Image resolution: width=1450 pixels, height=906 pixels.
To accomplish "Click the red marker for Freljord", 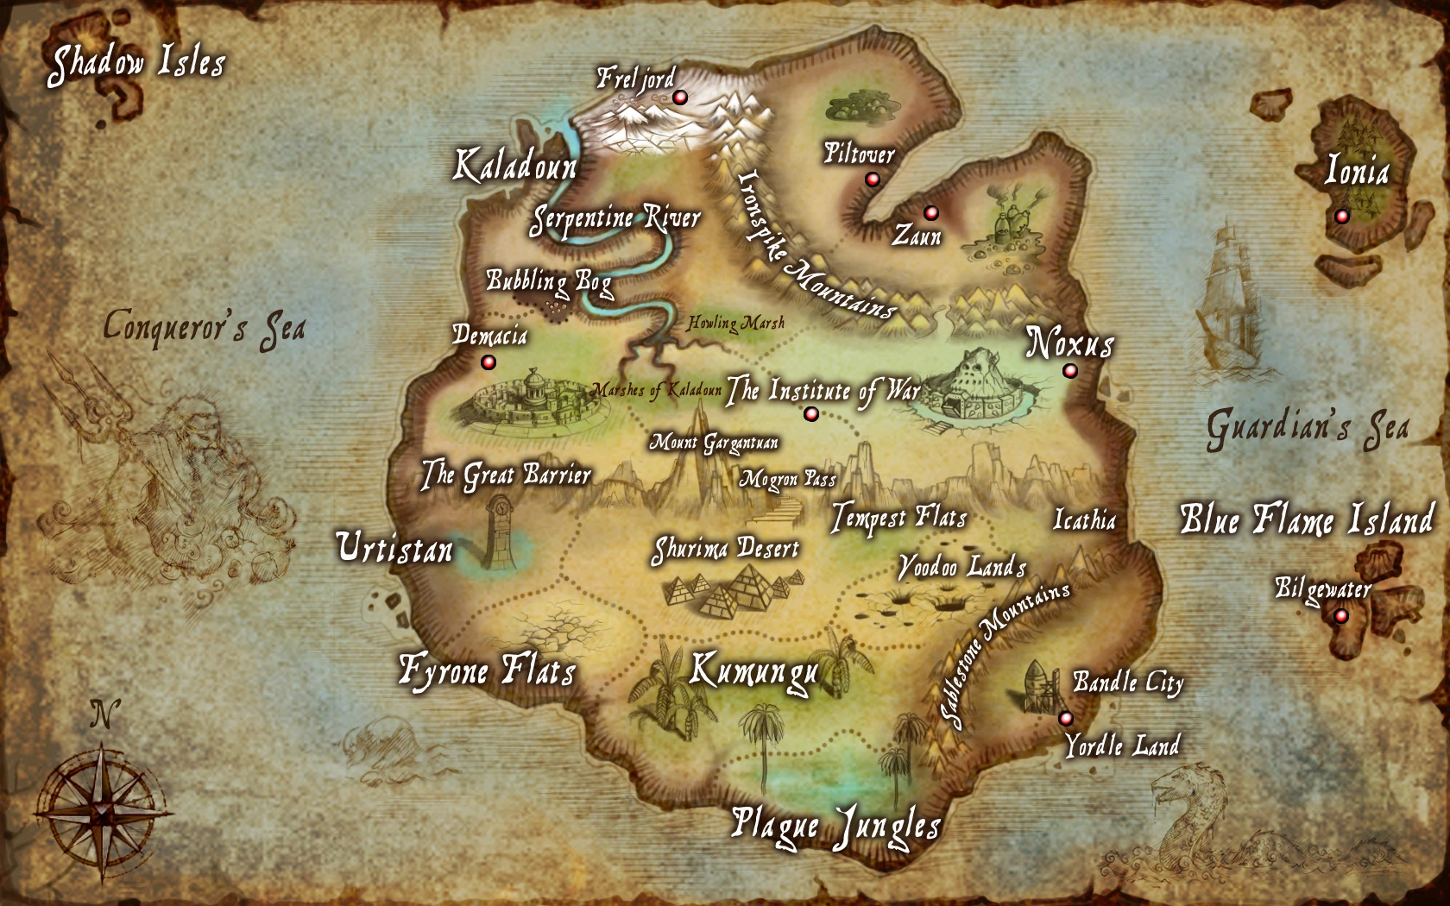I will coord(680,98).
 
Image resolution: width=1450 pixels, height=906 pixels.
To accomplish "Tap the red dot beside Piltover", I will coord(873,179).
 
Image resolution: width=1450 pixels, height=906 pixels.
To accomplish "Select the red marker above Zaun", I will coord(930,212).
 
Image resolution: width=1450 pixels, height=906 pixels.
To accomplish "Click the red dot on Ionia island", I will coord(1341,216).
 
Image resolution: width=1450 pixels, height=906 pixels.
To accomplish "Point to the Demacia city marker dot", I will coord(489,362).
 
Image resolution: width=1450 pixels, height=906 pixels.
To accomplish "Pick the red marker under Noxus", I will coord(1070,371).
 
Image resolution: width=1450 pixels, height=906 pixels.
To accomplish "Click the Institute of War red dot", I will coord(810,414).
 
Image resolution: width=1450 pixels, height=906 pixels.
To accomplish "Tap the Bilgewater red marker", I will coord(1340,615).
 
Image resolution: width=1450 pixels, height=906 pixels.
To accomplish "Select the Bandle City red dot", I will coord(1066,718).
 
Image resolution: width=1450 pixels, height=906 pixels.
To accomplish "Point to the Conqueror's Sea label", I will coord(205,329).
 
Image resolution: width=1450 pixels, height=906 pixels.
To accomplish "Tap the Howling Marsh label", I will coord(736,324).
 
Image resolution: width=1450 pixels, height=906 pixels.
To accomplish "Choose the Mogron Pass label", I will coord(787,480).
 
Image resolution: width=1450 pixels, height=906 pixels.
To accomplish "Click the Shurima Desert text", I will coord(725,550).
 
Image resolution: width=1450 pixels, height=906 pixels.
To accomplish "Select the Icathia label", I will coord(1085,519).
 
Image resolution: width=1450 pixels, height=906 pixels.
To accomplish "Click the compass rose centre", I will coord(103,813).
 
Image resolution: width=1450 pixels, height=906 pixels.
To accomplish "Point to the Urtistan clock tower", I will coord(499,531).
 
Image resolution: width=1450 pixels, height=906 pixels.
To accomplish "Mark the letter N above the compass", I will coord(104,714).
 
